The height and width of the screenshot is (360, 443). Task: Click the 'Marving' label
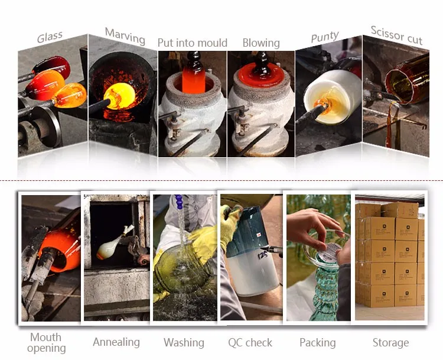pos(125,37)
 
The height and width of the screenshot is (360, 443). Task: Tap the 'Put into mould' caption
pos(193,43)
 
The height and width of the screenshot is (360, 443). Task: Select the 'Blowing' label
pos(261,43)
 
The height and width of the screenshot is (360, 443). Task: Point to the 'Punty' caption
pos(325,37)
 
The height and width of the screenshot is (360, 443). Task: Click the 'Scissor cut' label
pos(396,35)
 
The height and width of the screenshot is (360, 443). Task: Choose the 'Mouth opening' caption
pos(46,342)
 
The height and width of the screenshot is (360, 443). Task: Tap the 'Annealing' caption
pos(116,342)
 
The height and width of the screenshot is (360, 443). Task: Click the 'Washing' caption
pos(184,342)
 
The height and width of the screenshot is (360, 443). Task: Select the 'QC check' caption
pos(250,343)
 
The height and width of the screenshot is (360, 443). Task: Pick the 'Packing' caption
pos(318,343)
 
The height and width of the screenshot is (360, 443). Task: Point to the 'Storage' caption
pos(391,343)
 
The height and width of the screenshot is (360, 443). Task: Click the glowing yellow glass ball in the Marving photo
pos(119,96)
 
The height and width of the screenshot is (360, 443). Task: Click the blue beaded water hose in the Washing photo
pos(178,202)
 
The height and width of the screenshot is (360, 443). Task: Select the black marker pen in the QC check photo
pos(272,249)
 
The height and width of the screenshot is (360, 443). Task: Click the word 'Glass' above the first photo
pos(50,37)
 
